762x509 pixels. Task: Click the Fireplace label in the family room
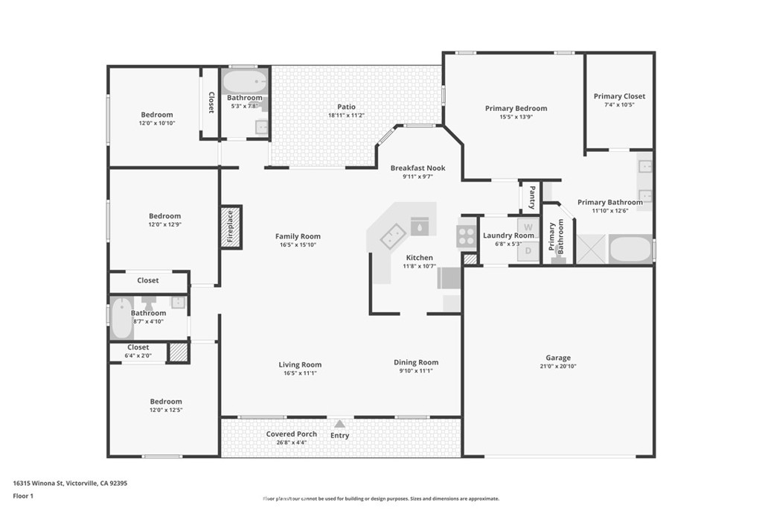tap(231, 227)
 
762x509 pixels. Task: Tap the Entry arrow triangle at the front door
tap(339, 424)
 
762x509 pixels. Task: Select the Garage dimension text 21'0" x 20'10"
tap(558, 367)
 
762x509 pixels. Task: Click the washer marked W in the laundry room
tap(528, 227)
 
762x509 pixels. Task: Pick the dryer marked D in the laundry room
tap(528, 251)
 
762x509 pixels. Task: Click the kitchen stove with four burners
tap(466, 236)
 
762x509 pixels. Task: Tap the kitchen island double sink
tap(393, 236)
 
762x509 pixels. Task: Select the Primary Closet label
tap(620, 96)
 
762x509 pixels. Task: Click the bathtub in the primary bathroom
tap(630, 250)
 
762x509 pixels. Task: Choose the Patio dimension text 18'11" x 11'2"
tap(347, 116)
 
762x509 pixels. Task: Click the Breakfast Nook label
tap(418, 168)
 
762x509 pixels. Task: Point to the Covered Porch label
tap(292, 434)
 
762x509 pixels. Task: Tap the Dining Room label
tap(416, 362)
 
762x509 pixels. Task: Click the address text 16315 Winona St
tap(38, 483)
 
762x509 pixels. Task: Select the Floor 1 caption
tap(23, 496)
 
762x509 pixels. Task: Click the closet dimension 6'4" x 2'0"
tap(138, 355)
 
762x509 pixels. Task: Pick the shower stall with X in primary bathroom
tap(591, 250)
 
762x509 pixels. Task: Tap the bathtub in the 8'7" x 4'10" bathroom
tap(121, 318)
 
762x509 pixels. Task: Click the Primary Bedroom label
tap(516, 108)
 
